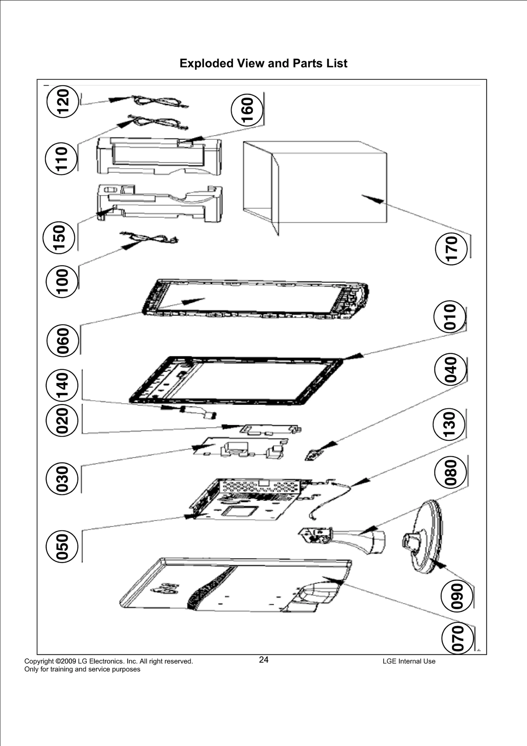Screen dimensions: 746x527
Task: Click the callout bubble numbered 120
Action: point(63,101)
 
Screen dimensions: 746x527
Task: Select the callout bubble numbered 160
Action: point(247,109)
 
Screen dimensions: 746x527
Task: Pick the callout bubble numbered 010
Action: point(450,317)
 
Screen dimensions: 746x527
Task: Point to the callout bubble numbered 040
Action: point(451,370)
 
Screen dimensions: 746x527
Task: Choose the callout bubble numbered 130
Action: point(449,424)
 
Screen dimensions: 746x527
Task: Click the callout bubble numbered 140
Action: point(62,385)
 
